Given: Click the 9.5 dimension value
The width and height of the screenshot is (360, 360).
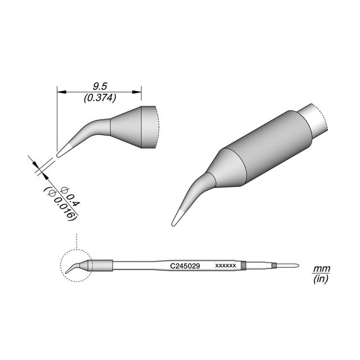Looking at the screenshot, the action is (100, 87).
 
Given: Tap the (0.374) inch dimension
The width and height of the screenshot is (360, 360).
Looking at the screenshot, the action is (100, 98).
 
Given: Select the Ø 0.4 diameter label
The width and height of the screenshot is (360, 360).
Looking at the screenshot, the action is (70, 196).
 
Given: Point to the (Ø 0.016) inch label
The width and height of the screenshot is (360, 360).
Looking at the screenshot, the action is (60, 204).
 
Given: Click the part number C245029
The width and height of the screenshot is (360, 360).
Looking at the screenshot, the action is (185, 266).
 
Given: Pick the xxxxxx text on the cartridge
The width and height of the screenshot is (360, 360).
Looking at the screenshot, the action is (226, 265).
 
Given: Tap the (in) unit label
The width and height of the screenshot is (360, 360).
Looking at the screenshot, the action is (321, 279).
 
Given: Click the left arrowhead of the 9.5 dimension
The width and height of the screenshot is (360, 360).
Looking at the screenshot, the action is (61, 92).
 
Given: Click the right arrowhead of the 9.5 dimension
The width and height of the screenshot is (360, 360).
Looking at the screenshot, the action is (137, 92).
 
